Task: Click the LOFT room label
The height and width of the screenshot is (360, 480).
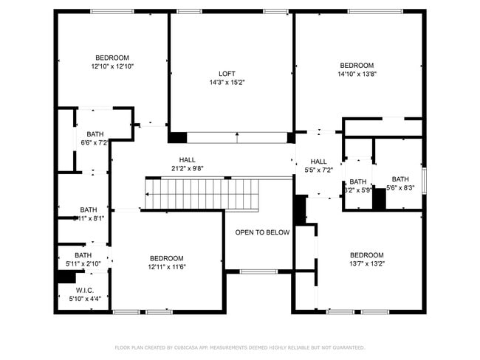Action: coord(227,73)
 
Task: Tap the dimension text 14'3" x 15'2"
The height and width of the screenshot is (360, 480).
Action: coord(227,82)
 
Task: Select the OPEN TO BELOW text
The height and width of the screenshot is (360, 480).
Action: coord(262,232)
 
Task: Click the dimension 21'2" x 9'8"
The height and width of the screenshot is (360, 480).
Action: coord(187,168)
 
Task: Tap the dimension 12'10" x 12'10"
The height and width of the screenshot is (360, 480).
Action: coord(112,66)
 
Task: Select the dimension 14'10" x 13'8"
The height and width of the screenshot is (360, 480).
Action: coord(356,74)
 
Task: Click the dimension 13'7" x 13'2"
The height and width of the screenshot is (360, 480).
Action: coord(367,263)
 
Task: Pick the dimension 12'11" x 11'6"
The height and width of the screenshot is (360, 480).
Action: coord(166,266)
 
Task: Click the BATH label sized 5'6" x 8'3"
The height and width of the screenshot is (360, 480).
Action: coord(400,179)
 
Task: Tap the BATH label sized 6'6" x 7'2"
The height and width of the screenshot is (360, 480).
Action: coord(95,134)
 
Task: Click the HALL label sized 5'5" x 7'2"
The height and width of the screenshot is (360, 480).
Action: coord(318,162)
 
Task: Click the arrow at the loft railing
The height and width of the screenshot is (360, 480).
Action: coord(236,136)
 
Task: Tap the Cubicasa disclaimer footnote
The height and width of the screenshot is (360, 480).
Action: coord(239,347)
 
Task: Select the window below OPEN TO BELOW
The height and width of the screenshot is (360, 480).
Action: coord(258,271)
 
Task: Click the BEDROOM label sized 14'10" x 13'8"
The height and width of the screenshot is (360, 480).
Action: coord(356,65)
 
